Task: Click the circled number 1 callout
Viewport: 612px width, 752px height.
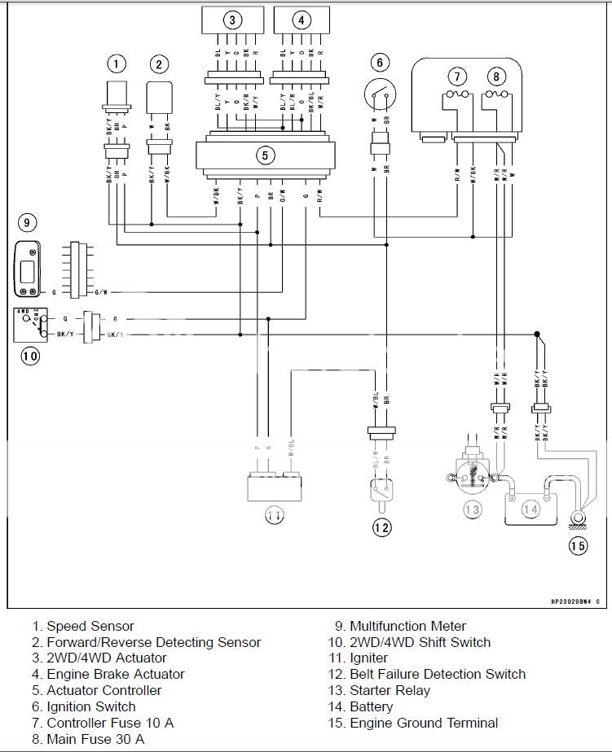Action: pos(117,63)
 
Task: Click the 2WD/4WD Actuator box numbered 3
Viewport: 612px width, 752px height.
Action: pos(233,20)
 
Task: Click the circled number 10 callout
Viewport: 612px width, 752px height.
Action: pos(30,356)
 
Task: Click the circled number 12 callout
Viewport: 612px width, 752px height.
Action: pos(381,528)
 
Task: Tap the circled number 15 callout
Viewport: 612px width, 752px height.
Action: pos(577,546)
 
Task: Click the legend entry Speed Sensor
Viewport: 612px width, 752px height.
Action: pos(90,627)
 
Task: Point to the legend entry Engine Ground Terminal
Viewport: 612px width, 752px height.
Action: pos(423,723)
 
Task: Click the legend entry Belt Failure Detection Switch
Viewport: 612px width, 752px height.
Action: pos(437,675)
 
